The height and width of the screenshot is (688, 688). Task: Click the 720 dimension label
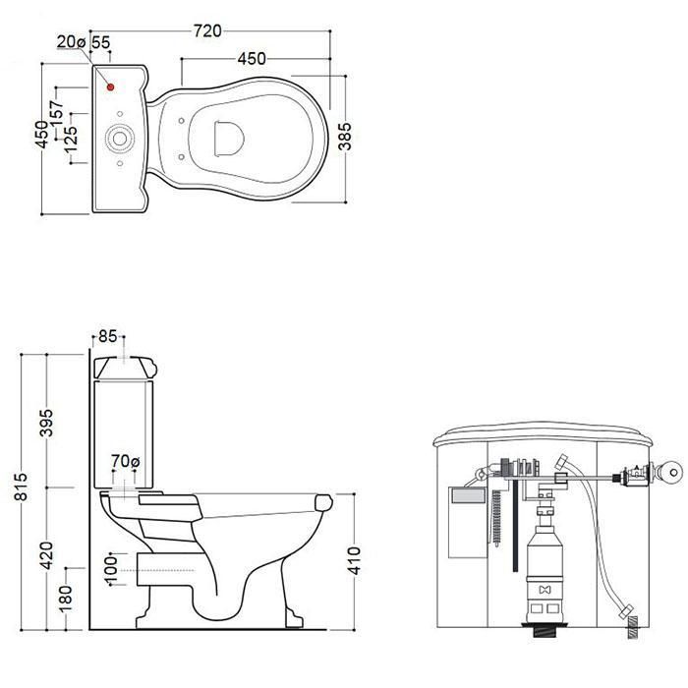[207, 31]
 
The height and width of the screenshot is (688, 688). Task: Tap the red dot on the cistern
[110, 86]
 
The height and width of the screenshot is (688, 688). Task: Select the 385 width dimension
[345, 137]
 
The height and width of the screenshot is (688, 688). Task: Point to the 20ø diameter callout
[71, 41]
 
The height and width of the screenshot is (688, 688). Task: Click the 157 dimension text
[57, 113]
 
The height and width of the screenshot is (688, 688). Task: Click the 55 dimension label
[101, 42]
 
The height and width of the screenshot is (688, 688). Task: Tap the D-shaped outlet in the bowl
[229, 139]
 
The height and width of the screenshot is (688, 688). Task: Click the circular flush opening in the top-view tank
[119, 139]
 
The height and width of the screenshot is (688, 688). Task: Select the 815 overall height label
[21, 487]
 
